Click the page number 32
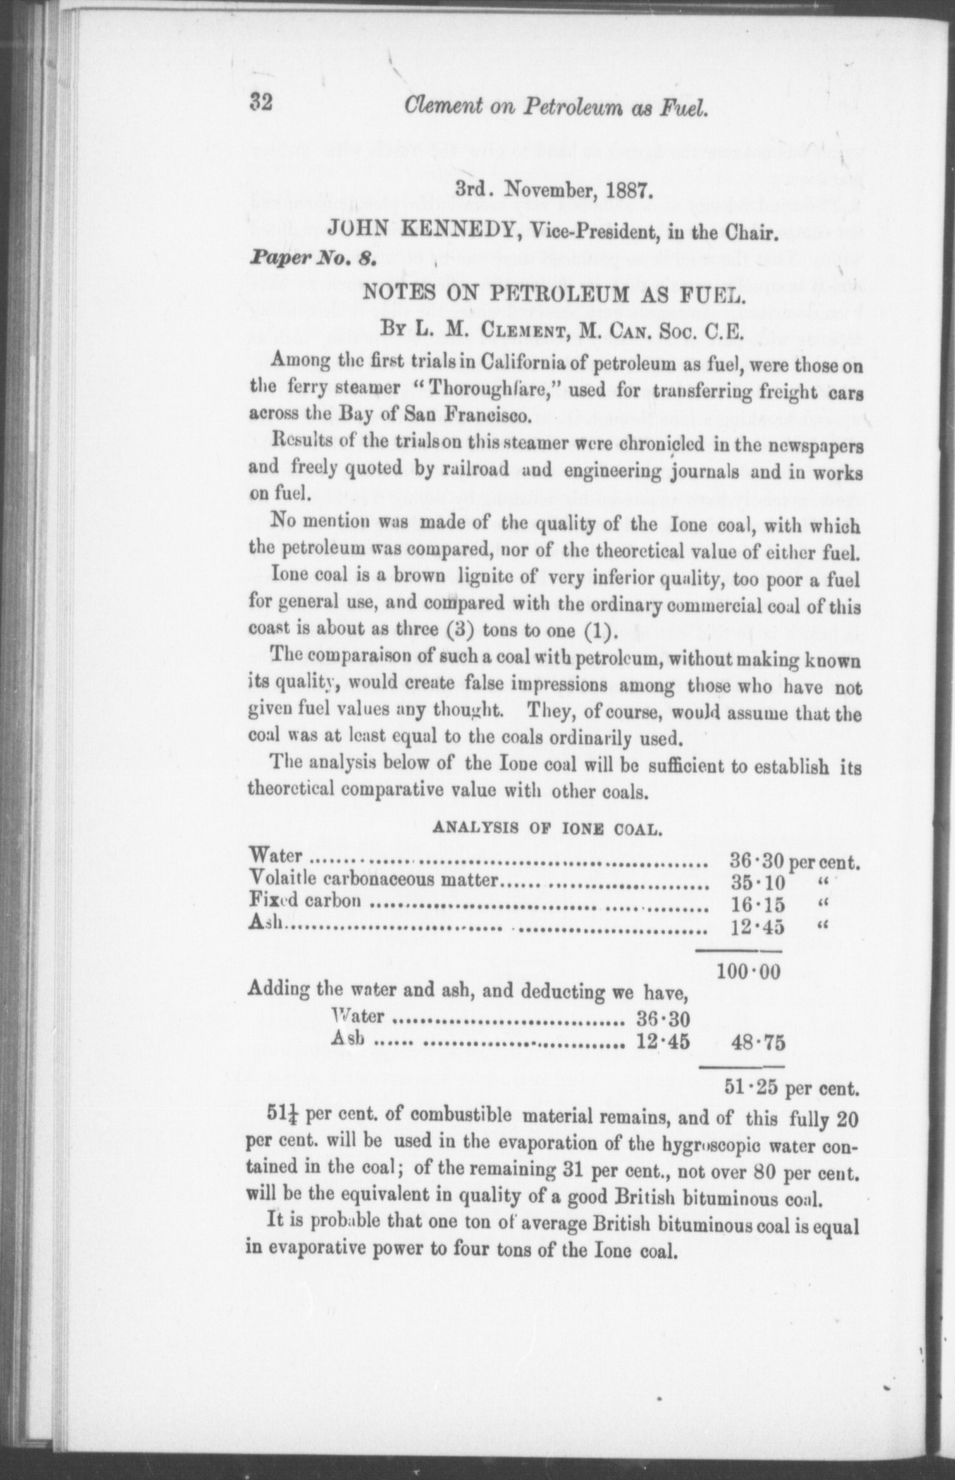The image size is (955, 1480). [x=262, y=103]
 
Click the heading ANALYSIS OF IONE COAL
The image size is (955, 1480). [x=547, y=828]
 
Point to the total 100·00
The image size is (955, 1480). [x=749, y=972]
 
